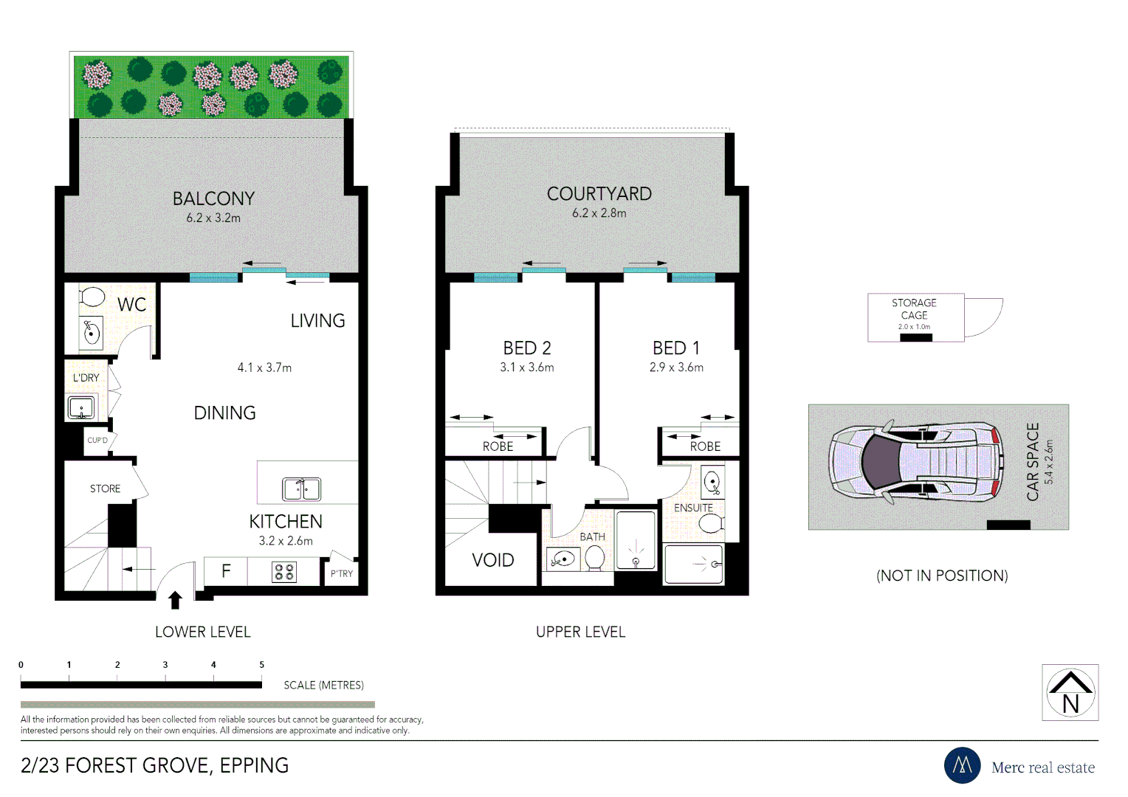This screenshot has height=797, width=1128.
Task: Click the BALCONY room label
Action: (213, 199)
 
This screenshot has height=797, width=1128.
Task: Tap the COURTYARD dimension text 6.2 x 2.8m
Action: (599, 213)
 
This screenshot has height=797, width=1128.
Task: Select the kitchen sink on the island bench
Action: (301, 489)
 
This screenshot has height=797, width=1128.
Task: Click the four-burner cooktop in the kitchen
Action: (284, 572)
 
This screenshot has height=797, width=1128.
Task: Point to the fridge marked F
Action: (226, 570)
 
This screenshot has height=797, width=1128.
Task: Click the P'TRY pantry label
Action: (341, 573)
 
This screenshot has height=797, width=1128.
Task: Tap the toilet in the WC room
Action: (92, 297)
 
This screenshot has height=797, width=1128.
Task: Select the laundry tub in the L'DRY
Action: (80, 407)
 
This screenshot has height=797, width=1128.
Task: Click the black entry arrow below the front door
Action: (175, 599)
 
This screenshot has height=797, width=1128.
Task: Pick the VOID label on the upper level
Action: (492, 560)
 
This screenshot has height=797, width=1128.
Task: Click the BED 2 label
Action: (526, 348)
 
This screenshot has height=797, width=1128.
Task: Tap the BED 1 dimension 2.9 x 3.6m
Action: (676, 368)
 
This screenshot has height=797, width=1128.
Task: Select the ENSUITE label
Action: (693, 508)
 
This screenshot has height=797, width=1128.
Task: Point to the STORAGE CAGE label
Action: (914, 308)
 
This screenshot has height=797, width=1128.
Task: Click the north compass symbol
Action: (1070, 692)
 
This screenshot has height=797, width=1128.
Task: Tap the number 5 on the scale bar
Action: (261, 665)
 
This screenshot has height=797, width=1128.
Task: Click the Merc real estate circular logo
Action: (962, 765)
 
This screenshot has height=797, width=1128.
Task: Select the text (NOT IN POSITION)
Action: (942, 576)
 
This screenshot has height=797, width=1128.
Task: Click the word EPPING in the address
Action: (254, 766)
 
